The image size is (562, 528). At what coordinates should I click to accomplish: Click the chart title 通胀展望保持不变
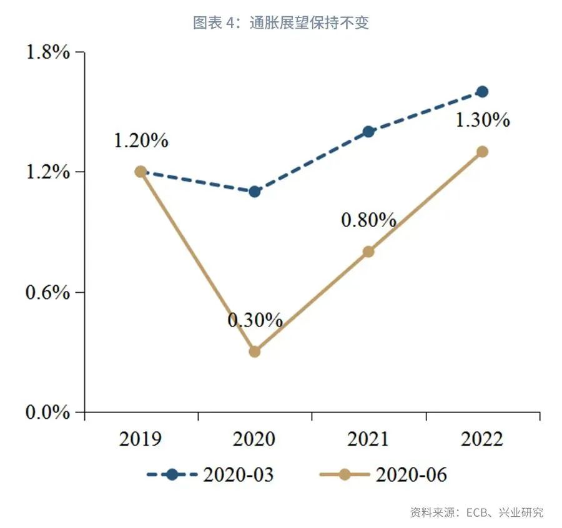[281, 23]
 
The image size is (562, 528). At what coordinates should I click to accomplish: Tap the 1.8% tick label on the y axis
[47, 52]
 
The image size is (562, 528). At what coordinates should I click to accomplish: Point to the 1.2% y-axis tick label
[47, 172]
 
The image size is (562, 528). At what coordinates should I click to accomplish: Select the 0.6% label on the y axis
[47, 292]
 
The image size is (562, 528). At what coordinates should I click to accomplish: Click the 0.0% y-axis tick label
[47, 413]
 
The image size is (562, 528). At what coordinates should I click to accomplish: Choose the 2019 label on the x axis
[140, 439]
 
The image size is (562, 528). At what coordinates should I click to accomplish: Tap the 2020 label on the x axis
[254, 439]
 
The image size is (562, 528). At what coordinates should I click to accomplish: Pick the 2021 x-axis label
[368, 439]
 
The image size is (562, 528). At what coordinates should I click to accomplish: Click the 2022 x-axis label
[481, 439]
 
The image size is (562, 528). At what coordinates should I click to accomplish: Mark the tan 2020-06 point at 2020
[254, 351]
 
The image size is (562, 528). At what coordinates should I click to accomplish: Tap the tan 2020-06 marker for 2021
[368, 252]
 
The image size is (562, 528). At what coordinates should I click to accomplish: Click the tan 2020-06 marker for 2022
[481, 152]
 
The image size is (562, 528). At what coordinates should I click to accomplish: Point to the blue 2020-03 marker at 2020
[254, 192]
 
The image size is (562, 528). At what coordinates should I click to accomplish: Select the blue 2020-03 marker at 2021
[368, 132]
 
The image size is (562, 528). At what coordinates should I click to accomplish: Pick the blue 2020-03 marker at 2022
[481, 92]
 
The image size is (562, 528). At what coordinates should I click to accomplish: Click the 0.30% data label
[255, 320]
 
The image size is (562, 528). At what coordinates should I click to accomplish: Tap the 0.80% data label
[368, 220]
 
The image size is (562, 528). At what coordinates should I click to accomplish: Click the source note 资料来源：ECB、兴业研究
[476, 512]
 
